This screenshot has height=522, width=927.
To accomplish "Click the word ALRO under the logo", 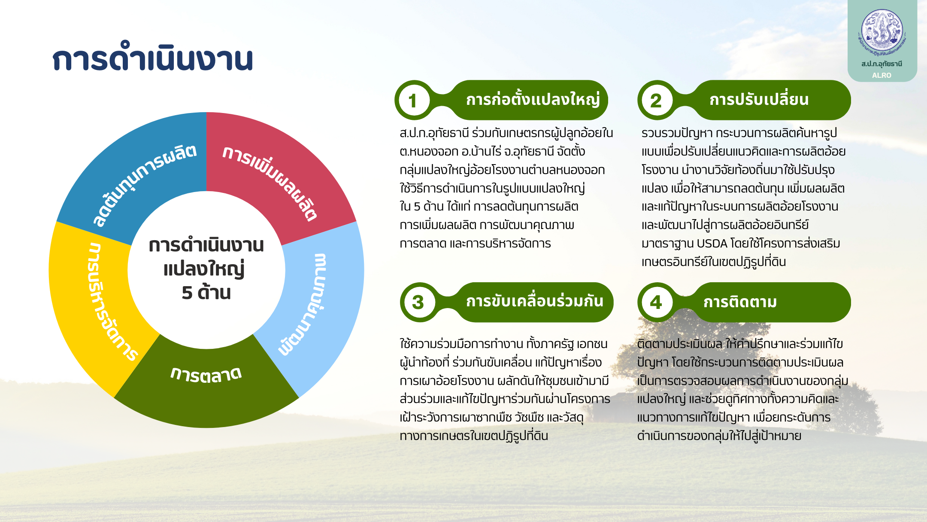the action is point(882,75).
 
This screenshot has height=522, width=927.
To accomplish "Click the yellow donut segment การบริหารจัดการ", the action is point(94,301).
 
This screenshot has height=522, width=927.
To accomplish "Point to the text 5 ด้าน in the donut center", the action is point(206,293).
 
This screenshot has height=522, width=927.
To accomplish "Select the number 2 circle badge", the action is point(656,101).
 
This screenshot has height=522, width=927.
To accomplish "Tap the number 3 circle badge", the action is point(418,302).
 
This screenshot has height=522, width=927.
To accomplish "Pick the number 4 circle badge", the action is point(656,302).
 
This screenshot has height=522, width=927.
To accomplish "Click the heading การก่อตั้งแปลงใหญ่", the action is point(533,100).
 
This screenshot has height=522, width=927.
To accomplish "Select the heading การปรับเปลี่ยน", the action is point(759,100).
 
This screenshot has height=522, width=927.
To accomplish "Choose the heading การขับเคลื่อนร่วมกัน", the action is point(535,301).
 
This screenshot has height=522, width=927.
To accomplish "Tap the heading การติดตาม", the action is point(740,302).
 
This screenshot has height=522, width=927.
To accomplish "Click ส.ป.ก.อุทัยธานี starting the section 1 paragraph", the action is point(434,133).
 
